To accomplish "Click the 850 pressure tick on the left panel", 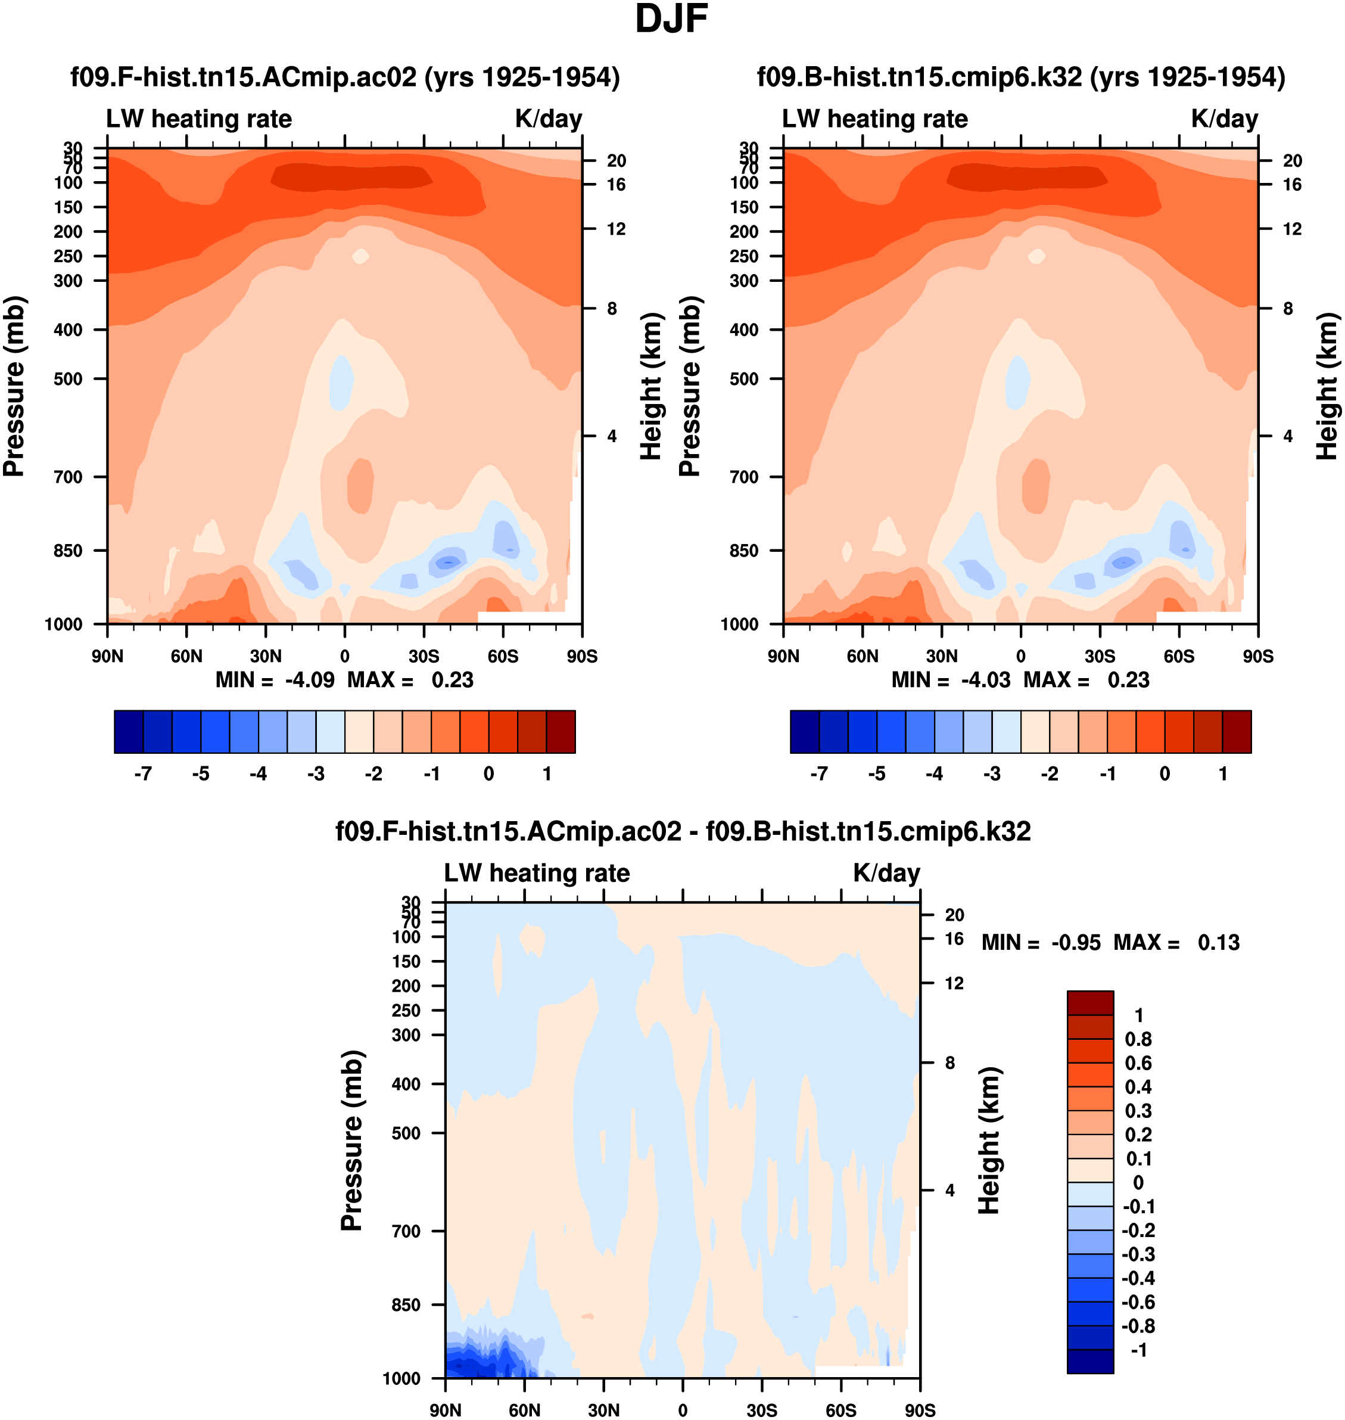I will pyautogui.click(x=67, y=551).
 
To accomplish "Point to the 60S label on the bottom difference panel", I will pyautogui.click(x=841, y=1410).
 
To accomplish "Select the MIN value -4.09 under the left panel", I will pyautogui.click(x=310, y=680).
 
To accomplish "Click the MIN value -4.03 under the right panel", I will pyautogui.click(x=986, y=680).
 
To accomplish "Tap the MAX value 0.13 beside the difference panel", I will pyautogui.click(x=1218, y=942).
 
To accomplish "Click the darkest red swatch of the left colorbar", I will pyautogui.click(x=561, y=732).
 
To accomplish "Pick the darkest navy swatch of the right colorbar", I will pyautogui.click(x=804, y=732).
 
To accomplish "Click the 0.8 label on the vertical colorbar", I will pyautogui.click(x=1138, y=1039).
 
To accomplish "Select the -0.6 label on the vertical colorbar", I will pyautogui.click(x=1138, y=1301).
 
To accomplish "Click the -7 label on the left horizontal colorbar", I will pyautogui.click(x=143, y=774).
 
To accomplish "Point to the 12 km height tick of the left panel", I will pyautogui.click(x=616, y=229).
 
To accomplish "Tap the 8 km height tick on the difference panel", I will pyautogui.click(x=950, y=1063).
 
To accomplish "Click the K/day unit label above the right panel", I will pyautogui.click(x=1225, y=119).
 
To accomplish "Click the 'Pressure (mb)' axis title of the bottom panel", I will pyautogui.click(x=352, y=1141).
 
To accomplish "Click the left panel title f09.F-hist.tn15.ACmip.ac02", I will pyautogui.click(x=345, y=77).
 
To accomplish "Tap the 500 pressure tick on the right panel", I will pyautogui.click(x=744, y=378).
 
